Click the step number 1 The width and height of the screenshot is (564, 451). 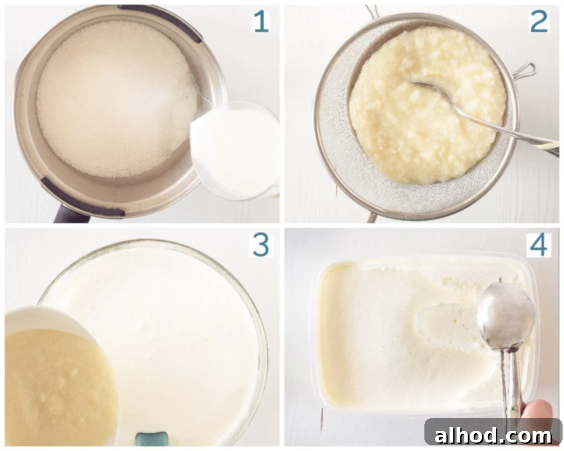pos(261,22)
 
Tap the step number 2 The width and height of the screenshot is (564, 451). pos(539,22)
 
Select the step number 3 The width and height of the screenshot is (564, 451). pos(261,245)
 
